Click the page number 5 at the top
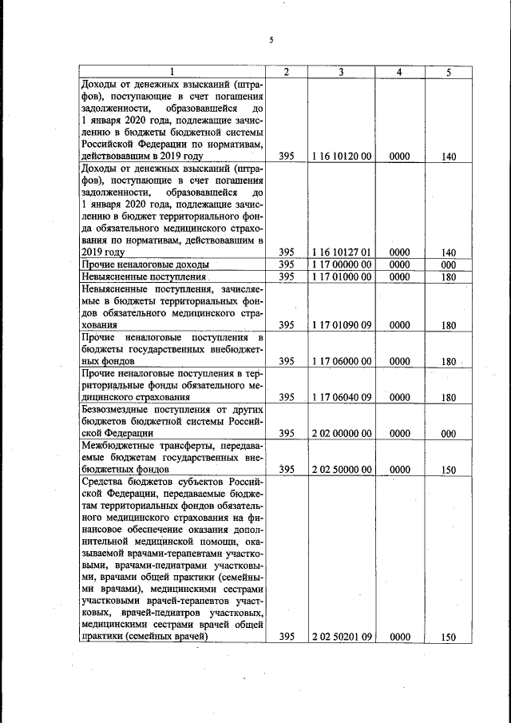coord(271,41)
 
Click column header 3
coord(341,72)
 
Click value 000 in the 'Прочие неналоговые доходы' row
coord(448,264)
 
